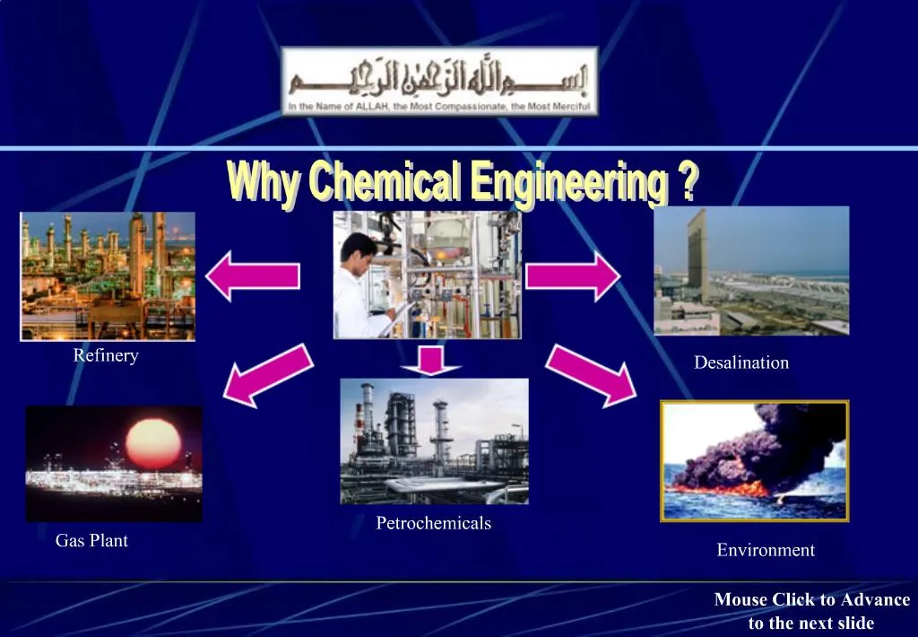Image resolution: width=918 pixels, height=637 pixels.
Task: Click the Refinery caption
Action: click(106, 356)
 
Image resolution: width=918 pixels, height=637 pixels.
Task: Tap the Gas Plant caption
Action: click(91, 541)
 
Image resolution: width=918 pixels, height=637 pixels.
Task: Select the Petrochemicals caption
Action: click(433, 523)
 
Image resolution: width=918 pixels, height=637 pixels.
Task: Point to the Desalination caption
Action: click(741, 362)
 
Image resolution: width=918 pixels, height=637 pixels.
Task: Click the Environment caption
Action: click(766, 550)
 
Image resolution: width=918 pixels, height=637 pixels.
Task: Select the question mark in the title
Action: click(688, 182)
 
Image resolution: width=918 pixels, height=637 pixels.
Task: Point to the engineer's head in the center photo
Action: click(359, 248)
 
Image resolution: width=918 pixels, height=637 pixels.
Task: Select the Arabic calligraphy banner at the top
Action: click(439, 82)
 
